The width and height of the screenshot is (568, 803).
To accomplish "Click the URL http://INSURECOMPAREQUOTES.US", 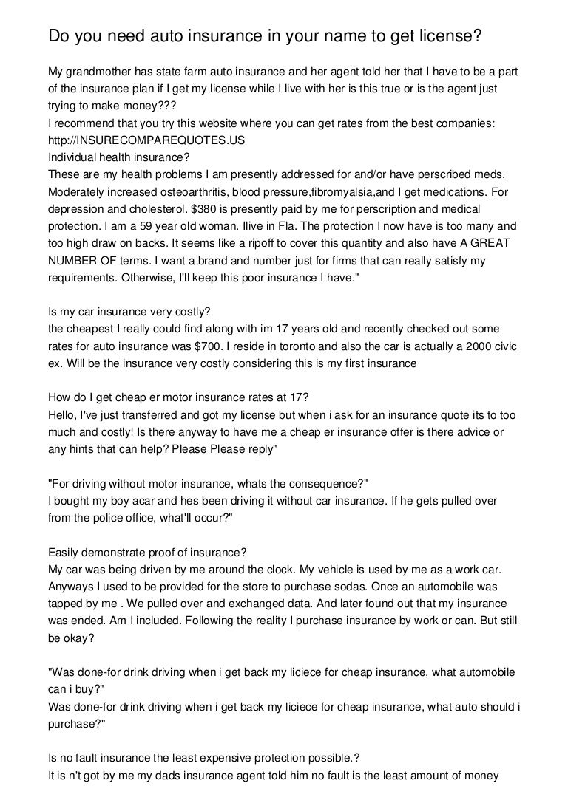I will (146, 140).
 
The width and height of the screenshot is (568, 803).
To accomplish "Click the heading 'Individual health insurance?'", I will (119, 157).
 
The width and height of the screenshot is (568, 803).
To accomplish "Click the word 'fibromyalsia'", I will (347, 191).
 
